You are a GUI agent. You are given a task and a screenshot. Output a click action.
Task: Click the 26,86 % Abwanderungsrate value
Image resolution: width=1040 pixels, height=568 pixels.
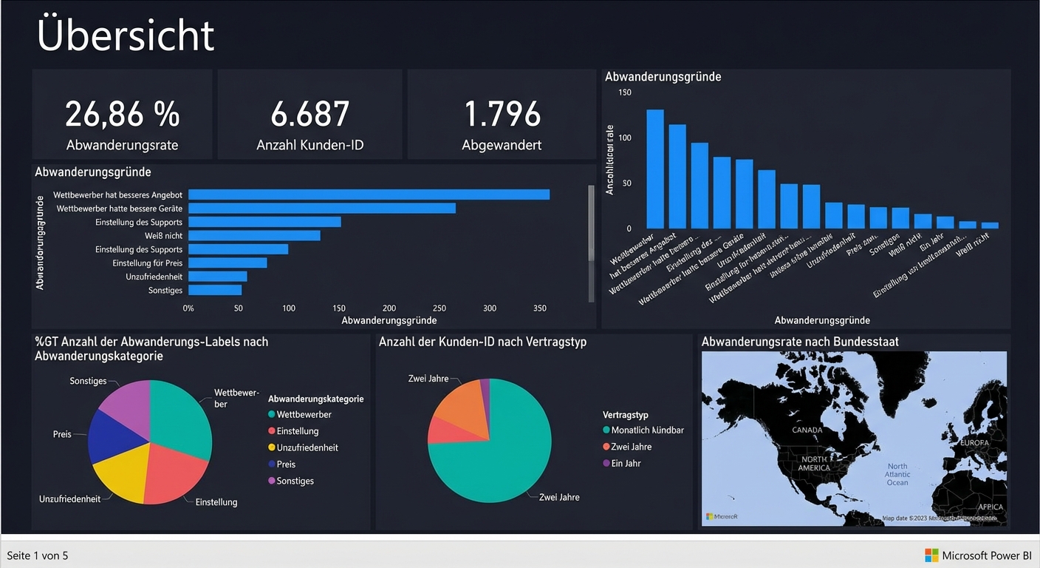tap(122, 115)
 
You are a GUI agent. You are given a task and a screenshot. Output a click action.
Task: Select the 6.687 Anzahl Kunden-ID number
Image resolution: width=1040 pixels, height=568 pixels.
tap(309, 115)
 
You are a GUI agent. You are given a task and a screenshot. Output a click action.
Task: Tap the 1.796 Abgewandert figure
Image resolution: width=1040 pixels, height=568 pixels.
tap(502, 115)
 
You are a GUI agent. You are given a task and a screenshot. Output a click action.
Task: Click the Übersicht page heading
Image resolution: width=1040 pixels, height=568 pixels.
tap(126, 35)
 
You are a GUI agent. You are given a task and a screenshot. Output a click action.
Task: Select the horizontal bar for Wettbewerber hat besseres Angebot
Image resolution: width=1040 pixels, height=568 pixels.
tap(369, 195)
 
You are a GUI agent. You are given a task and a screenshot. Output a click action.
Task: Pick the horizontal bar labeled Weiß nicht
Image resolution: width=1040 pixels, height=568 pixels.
tap(254, 235)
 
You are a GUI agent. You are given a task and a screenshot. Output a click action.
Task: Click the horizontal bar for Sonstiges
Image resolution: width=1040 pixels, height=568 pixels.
tap(215, 290)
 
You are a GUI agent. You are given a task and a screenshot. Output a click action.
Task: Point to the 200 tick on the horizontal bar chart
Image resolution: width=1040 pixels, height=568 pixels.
tap(389, 308)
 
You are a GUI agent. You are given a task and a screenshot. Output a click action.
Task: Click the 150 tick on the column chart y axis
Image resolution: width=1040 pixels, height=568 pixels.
tap(625, 92)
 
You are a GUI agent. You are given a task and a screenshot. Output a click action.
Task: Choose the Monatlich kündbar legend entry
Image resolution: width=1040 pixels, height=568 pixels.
tap(643, 430)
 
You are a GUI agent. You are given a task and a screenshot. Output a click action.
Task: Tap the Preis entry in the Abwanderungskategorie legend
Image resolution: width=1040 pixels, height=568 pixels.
tap(285, 464)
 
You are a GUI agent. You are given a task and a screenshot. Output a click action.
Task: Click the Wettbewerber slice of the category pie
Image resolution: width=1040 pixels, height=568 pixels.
tap(179, 418)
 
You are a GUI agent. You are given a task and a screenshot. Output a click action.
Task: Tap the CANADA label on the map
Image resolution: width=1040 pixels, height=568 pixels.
tap(807, 430)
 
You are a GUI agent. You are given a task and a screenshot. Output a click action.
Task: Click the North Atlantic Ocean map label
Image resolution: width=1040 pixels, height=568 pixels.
tap(897, 475)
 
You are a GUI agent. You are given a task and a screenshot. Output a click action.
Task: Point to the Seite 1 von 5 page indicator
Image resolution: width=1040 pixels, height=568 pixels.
tap(38, 555)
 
